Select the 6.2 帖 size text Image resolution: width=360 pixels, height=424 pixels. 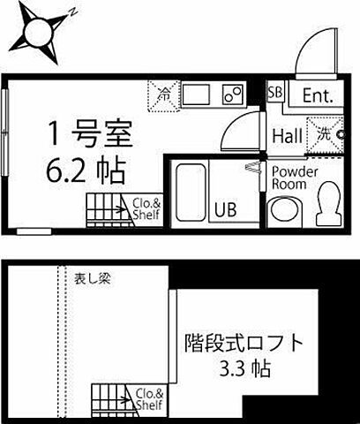click(87, 167)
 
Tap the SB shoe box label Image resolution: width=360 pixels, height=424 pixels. click(275, 94)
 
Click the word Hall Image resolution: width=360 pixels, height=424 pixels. click(289, 136)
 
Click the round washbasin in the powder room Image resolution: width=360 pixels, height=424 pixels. click(285, 210)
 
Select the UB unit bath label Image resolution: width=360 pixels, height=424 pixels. click(227, 210)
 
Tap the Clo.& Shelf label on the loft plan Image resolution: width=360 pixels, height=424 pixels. click(147, 398)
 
